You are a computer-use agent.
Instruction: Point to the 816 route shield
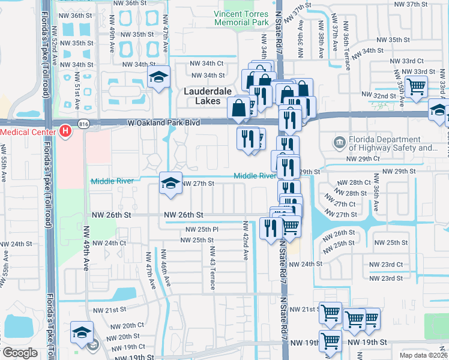[x=83, y=122]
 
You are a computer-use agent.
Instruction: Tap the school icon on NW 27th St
[x=170, y=184]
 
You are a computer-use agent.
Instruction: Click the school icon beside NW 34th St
[x=159, y=77]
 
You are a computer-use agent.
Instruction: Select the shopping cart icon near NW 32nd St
[x=416, y=86]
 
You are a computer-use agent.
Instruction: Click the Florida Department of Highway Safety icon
[x=340, y=143]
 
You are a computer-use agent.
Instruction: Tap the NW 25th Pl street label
[x=202, y=230]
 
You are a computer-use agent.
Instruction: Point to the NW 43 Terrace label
[x=211, y=267]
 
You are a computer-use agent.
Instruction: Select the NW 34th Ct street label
[x=206, y=63]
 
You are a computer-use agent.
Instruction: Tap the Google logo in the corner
[x=20, y=353]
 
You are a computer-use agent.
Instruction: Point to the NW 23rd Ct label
[x=387, y=265]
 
